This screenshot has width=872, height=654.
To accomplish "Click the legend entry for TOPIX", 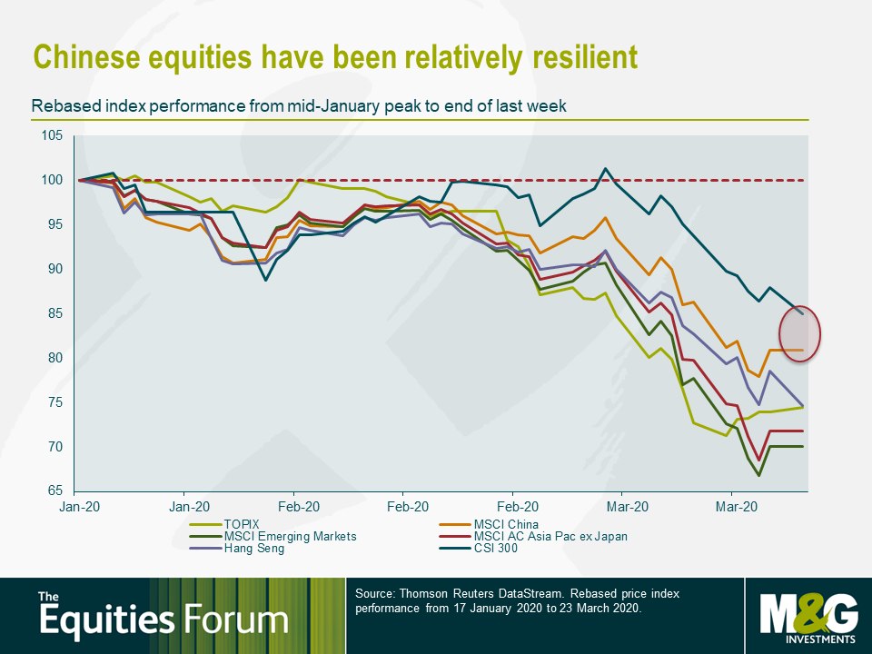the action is pos(224,524).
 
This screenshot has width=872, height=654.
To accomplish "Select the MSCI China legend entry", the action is pos(489,524).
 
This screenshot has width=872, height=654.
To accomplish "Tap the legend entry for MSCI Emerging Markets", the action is pos(272,537).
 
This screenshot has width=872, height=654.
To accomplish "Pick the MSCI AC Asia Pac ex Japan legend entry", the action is pos(533,537).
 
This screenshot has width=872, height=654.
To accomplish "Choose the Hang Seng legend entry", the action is pos(236,549).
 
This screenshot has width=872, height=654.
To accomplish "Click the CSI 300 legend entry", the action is pos(479,549).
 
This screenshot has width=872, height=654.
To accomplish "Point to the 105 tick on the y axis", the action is pos(52,135).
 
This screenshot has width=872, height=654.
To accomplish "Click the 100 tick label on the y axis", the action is pos(52,180).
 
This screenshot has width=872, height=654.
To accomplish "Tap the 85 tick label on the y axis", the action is pos(55,313).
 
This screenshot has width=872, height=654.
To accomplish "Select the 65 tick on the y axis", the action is pos(55,490).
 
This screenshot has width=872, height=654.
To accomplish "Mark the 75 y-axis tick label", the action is pos(55,402).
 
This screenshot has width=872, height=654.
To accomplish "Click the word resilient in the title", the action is pos(585,56).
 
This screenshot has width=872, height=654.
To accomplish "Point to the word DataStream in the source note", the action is pos(535,593).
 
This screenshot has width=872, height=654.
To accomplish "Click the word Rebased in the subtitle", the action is pos(56,105).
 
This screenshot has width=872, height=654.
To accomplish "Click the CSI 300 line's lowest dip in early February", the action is pos(266,281).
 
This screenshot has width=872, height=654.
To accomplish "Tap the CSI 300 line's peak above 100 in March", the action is pos(606,168).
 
